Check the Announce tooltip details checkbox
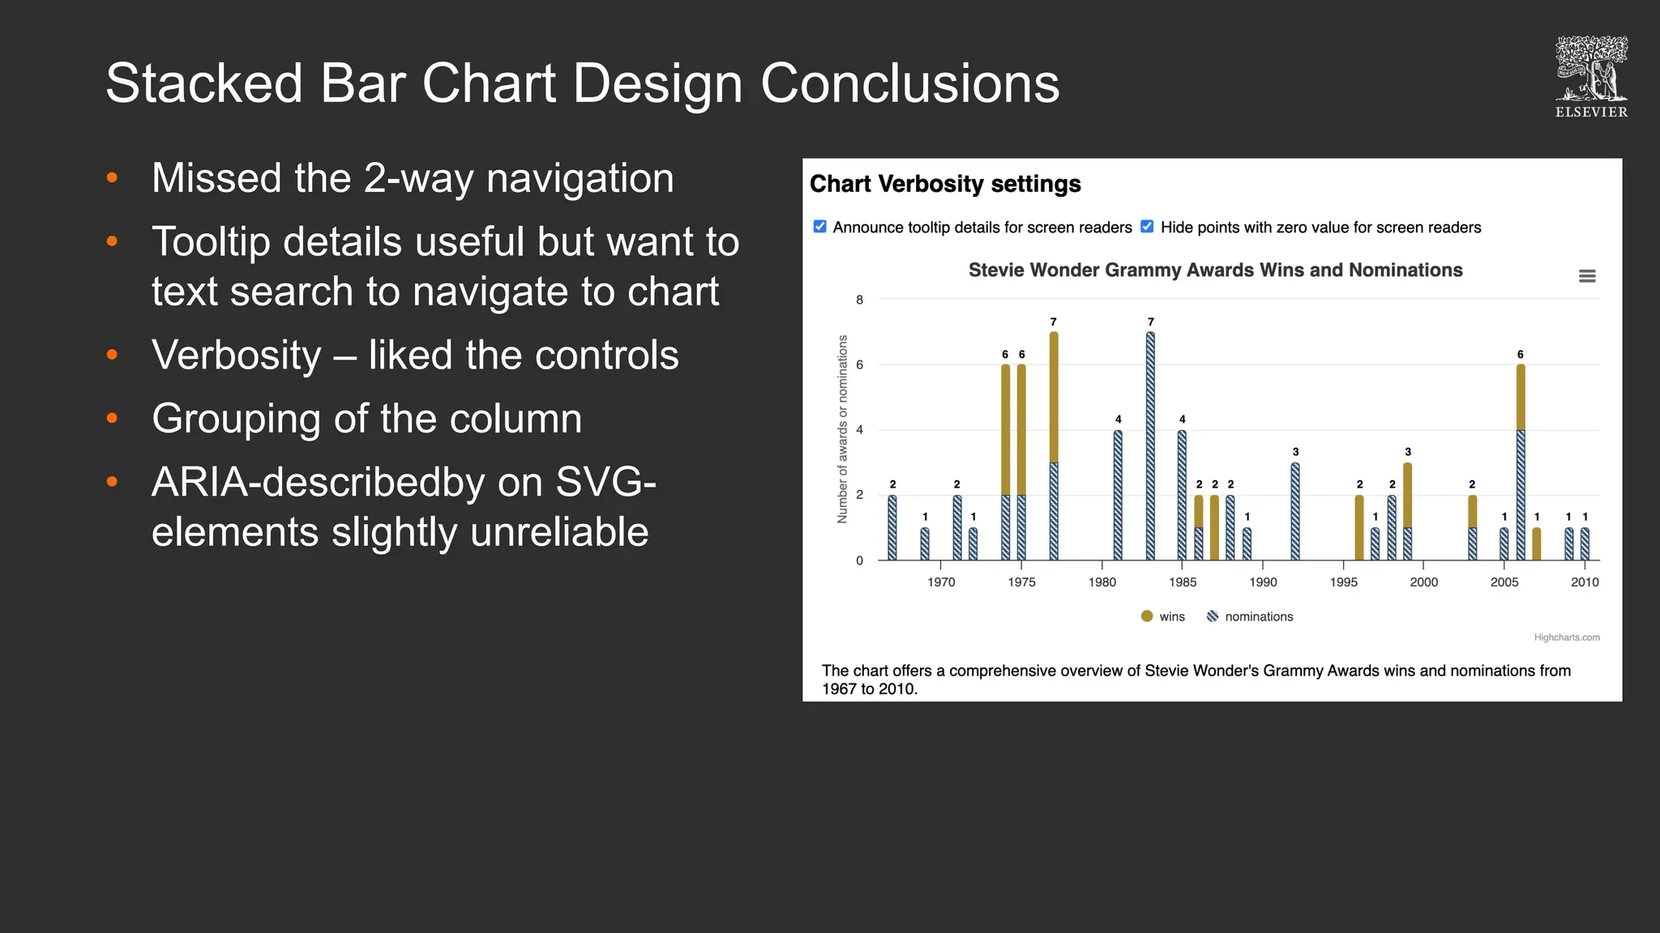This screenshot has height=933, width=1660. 819,227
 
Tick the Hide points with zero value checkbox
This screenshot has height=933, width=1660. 1147,227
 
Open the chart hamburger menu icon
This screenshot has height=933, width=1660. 1587,276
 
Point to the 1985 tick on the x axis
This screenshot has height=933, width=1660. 1183,582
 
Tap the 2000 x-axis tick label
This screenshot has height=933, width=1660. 1423,582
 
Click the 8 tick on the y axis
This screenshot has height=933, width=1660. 860,300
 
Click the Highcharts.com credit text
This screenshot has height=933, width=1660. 1566,637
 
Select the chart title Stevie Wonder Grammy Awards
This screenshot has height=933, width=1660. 1215,270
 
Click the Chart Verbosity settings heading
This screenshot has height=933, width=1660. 945,184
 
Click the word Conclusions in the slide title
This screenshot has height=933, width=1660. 909,83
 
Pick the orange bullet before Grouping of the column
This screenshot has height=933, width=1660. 113,418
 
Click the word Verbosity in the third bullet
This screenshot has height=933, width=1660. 237,355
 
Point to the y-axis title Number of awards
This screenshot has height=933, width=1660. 842,429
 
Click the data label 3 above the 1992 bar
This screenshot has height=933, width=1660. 1295,452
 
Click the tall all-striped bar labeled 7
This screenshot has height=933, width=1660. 1150,445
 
